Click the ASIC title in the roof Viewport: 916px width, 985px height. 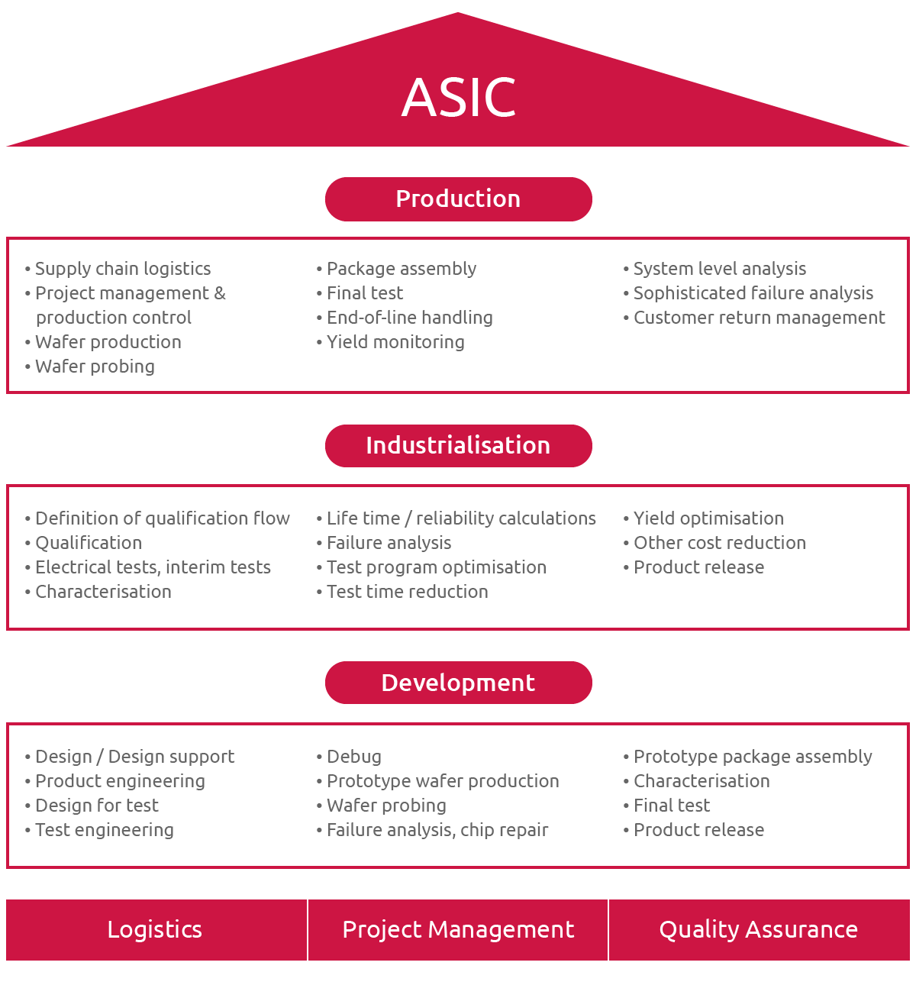coord(459,98)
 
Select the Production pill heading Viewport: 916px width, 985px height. coord(458,199)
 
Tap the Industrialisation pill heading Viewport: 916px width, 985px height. coord(458,446)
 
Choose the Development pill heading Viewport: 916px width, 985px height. coord(458,683)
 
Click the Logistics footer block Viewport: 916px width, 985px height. coord(155,930)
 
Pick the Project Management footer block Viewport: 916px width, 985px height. coord(458,930)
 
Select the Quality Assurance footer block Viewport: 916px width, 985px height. coord(759,930)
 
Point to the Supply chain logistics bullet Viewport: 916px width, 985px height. coord(122,269)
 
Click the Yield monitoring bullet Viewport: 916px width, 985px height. coord(395,342)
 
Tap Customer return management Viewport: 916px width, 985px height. coord(759,318)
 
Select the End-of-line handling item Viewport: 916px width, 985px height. coord(409,318)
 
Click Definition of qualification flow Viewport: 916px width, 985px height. coord(162,518)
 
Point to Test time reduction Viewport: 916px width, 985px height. coord(407,592)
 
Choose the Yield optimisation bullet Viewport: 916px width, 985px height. coord(708,518)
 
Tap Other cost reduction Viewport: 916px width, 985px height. coord(719,543)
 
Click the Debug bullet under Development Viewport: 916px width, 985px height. coord(353,757)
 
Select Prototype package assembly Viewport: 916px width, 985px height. coord(753,757)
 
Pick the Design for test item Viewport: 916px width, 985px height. coord(97,806)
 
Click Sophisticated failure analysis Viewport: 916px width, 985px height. coord(753,293)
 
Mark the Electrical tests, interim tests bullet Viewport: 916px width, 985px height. coord(153,567)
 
